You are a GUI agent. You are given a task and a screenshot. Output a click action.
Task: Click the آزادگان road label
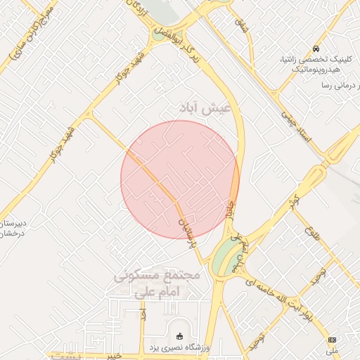point(136,9)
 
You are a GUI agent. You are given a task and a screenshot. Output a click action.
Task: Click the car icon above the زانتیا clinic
point(316,49)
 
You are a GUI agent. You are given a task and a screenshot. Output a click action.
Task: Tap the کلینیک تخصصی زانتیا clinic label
point(312,60)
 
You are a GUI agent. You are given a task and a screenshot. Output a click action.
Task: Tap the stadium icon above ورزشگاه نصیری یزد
point(179,336)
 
